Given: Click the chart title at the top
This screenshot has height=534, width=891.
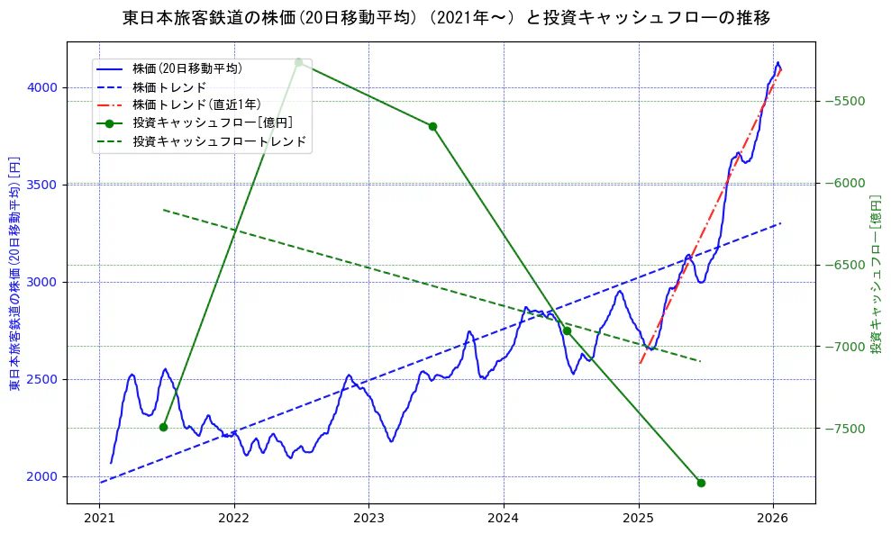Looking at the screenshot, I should coord(446,18).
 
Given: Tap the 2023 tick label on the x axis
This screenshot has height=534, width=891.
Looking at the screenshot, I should coord(368,519).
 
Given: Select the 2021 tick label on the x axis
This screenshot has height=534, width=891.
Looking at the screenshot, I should coord(100,519).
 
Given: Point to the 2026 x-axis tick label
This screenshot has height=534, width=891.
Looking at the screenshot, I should coord(773,519).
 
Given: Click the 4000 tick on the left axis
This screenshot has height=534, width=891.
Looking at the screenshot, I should coord(42,87).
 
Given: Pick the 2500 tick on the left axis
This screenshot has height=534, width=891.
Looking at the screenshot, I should coord(42,379).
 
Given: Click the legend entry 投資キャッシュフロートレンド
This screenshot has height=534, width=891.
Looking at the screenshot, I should coord(219,142).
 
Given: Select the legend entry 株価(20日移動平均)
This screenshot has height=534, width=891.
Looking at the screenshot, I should coord(186,68).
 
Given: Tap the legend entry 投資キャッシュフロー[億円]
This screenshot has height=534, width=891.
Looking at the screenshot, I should coord(212,123).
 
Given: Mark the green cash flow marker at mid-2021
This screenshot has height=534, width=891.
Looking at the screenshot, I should coord(163,427).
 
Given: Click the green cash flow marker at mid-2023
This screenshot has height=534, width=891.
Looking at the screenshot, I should coord(432,126).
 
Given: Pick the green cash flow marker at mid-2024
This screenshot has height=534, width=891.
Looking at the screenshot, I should coord(567,330).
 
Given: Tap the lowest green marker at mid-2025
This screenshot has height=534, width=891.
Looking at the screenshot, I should coord(701,483).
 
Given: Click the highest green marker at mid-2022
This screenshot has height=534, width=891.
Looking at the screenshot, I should coord(298,62).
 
